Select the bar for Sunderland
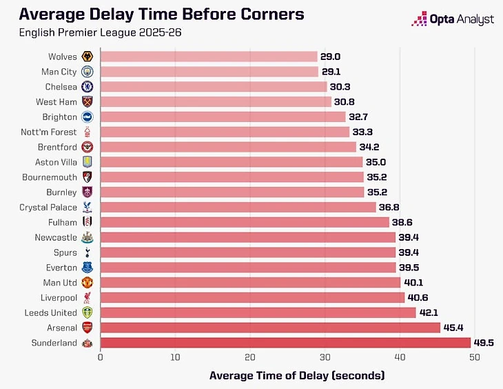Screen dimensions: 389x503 tap(285, 343)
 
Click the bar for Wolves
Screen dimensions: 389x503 tap(209, 57)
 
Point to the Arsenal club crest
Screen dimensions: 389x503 tap(88, 328)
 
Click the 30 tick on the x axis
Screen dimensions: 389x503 tap(325, 357)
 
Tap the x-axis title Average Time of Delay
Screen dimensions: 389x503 tap(297, 376)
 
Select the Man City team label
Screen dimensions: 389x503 tap(59, 72)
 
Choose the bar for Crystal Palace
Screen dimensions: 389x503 tap(238, 207)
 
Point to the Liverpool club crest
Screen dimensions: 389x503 tap(88, 297)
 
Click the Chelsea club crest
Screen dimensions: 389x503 tap(88, 87)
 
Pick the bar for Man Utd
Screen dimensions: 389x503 tap(250, 282)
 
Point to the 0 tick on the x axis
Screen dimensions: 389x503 tap(101, 357)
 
